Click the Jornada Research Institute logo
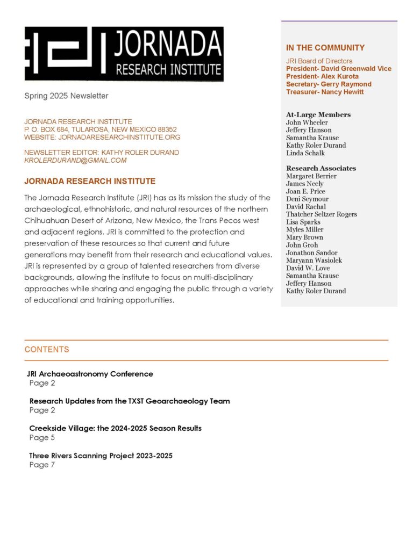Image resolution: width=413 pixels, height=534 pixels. (x=124, y=54)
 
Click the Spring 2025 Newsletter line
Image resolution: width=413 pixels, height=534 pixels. (x=66, y=96)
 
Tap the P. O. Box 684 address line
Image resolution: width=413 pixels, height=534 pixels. (x=101, y=129)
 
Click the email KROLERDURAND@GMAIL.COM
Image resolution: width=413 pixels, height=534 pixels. (x=75, y=160)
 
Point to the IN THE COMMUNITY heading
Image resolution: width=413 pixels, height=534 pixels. (x=325, y=48)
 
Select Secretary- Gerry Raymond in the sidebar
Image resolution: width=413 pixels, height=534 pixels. (x=329, y=84)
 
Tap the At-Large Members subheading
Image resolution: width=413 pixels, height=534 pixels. (x=318, y=114)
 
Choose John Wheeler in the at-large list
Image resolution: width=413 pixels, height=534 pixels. (x=307, y=122)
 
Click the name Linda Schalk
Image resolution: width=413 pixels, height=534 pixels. (x=305, y=153)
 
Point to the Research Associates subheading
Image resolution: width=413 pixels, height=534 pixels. (x=321, y=168)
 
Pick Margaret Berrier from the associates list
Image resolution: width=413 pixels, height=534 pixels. (x=311, y=176)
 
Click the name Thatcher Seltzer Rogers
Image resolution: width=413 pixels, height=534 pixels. (x=322, y=214)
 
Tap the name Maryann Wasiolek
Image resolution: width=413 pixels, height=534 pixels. (x=314, y=261)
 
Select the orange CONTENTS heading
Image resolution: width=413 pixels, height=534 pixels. (x=47, y=350)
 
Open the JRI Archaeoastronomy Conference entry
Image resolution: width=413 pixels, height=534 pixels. (x=90, y=374)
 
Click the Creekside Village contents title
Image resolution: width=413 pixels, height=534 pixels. (x=116, y=428)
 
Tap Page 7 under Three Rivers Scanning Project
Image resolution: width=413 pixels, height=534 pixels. (x=42, y=465)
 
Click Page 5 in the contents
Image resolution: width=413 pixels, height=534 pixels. (x=42, y=437)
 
